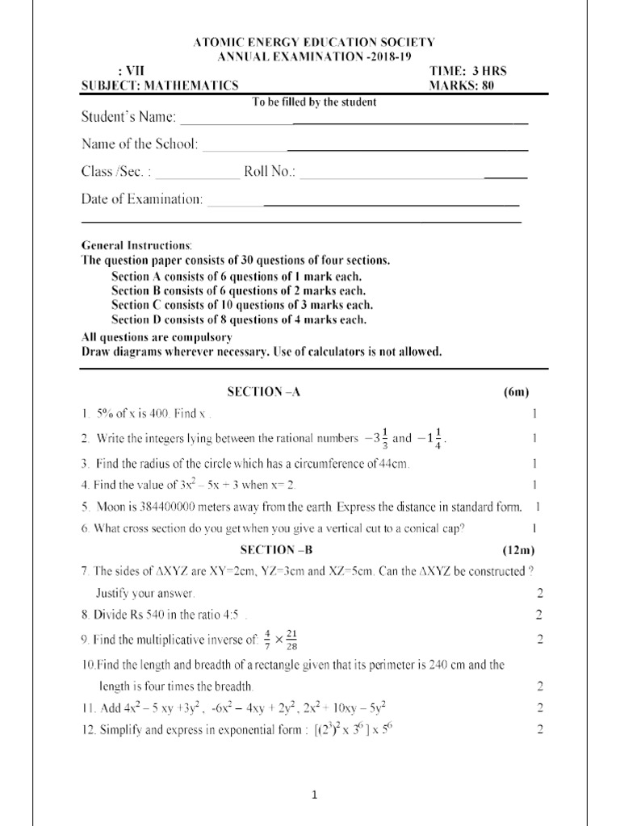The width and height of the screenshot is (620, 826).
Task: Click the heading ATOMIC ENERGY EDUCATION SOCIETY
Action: [315, 42]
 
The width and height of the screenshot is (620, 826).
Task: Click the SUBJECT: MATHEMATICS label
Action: [160, 86]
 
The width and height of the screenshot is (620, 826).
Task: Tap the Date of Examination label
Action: [142, 198]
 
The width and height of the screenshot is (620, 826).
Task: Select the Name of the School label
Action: [139, 144]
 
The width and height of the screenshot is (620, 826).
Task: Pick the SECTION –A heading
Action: [264, 391]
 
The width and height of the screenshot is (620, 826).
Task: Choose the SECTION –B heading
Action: [264, 549]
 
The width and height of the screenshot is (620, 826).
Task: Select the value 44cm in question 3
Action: [396, 464]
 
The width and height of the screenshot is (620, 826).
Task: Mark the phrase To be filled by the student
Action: [315, 102]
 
